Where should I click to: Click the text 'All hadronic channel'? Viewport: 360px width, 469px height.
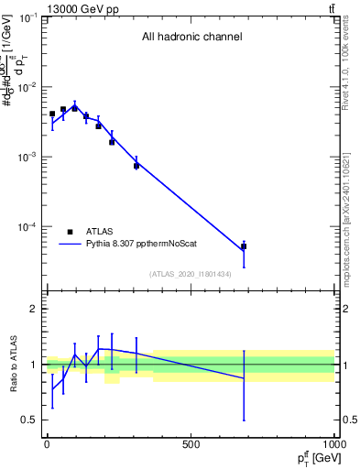click(191, 38)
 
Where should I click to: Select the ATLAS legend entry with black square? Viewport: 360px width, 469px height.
click(71, 232)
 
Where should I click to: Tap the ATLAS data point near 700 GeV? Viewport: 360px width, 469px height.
click(244, 246)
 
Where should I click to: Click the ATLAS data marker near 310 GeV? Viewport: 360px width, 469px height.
click(136, 166)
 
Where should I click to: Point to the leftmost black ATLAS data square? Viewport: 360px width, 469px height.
click(52, 114)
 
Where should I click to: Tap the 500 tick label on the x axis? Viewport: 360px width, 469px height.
click(191, 445)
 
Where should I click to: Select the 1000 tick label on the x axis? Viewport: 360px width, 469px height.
click(333, 445)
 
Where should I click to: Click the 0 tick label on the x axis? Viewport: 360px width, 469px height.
click(47, 445)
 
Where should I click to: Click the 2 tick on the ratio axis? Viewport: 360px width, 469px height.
click(33, 309)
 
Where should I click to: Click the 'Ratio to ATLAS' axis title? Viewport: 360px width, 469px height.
click(14, 365)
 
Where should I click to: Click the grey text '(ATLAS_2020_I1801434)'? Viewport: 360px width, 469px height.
click(191, 274)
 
